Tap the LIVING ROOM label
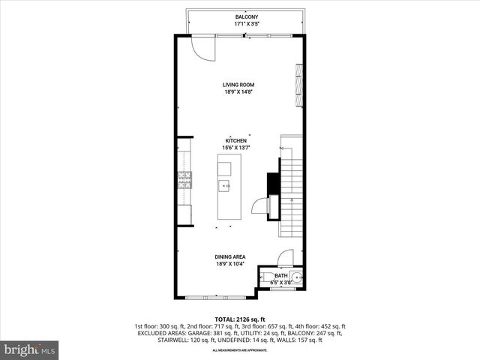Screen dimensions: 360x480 pos(240,85)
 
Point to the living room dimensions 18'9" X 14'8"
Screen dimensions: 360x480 pos(240,91)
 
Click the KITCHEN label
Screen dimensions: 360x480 pos(236,141)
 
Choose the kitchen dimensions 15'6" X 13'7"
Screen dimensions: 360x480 pos(235,148)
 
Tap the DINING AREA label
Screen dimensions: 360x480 pos(230,257)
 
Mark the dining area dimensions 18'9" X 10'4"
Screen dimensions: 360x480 pos(230,264)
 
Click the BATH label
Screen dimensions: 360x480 pos(280,276)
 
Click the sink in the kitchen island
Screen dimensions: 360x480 pos(224,184)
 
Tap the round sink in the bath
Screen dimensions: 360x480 pos(297,278)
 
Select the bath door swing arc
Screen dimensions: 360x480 pos(284,257)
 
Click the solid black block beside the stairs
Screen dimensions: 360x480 pos(274,184)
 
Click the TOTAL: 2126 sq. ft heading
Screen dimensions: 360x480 pos(240,319)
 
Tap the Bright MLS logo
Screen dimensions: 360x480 pos(30,349)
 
